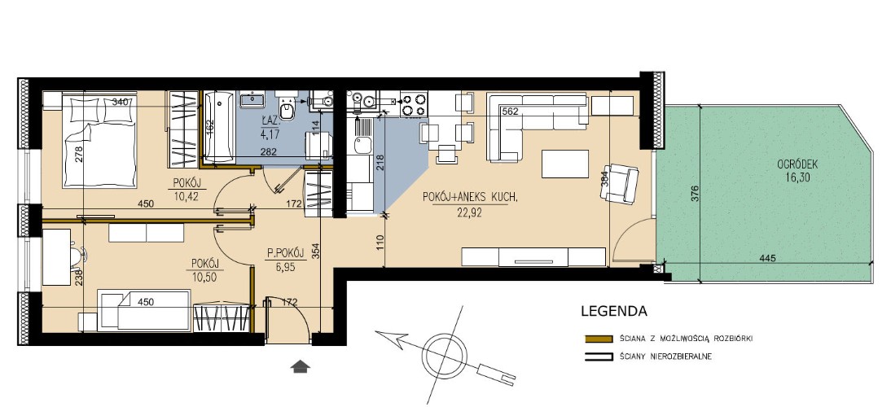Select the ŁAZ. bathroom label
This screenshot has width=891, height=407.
pyautogui.click(x=269, y=120)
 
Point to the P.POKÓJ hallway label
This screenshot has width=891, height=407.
pyautogui.click(x=287, y=253)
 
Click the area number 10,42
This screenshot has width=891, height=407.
pyautogui.click(x=186, y=197)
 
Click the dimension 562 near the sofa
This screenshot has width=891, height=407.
pyautogui.click(x=511, y=112)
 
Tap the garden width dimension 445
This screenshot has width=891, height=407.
pyautogui.click(x=767, y=258)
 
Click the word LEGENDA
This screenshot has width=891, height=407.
pyautogui.click(x=614, y=311)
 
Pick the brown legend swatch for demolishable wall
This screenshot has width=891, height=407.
pyautogui.click(x=599, y=339)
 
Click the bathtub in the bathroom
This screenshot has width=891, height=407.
pyautogui.click(x=219, y=127)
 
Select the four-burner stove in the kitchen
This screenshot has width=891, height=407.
pyautogui.click(x=414, y=103)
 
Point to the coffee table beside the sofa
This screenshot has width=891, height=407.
pyautogui.click(x=565, y=164)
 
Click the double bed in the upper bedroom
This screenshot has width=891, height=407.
pyautogui.click(x=99, y=142)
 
